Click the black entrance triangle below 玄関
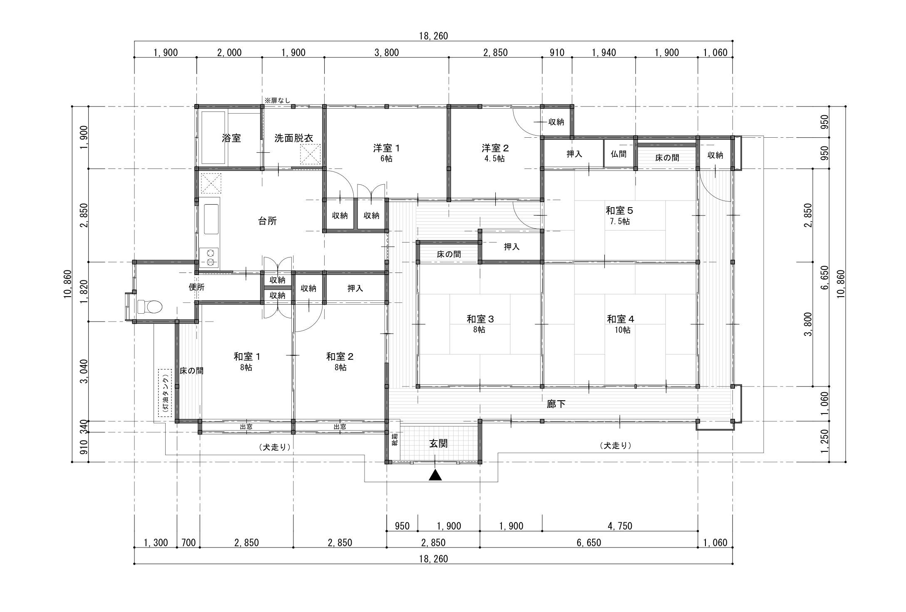[x=435, y=475]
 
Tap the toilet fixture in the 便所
[x=149, y=307]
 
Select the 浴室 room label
[x=231, y=139]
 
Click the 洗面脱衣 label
[x=293, y=139]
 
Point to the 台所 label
[x=268, y=221]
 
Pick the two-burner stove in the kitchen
[x=209, y=258]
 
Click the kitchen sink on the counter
[x=211, y=219]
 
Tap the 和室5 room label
[x=619, y=211]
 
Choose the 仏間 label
[x=619, y=154]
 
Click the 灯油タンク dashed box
[x=165, y=393]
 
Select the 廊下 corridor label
[x=556, y=404]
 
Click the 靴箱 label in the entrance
[x=395, y=439]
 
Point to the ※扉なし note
[x=278, y=100]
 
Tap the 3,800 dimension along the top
[x=387, y=53]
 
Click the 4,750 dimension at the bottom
[x=620, y=526]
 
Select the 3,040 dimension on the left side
[x=84, y=372]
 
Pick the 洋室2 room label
[x=495, y=148]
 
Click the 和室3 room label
[x=480, y=319]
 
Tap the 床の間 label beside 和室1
[x=191, y=371]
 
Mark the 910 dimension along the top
[x=557, y=53]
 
